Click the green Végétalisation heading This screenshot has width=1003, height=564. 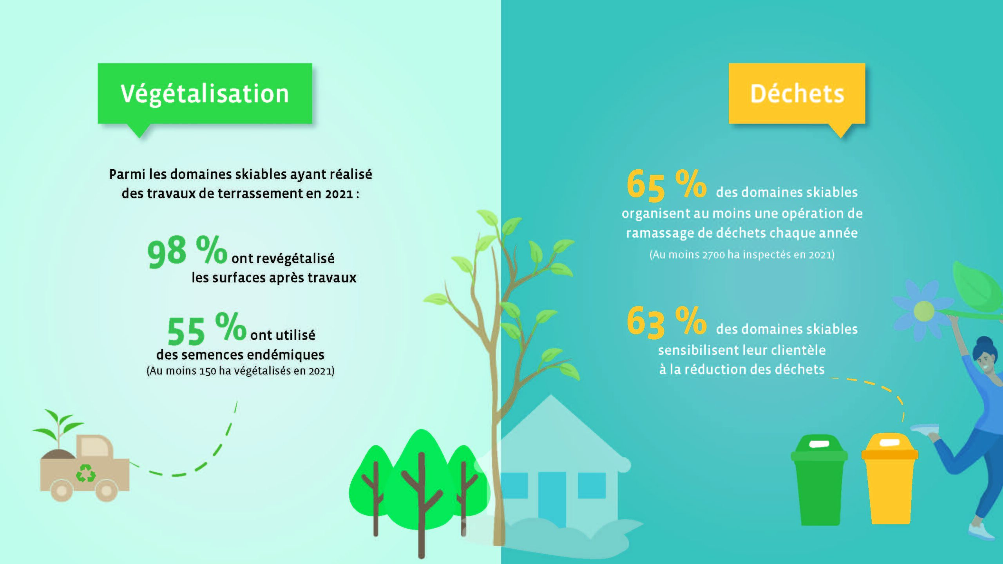pos(205,94)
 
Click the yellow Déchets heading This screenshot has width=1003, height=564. pos(797,94)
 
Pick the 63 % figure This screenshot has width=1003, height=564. pos(666,322)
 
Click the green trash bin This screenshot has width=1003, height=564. pos(819,480)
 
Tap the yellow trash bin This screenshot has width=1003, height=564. pos(889,478)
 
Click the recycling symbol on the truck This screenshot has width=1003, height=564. pos(86,473)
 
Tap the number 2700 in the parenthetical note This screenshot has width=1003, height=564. pos(713,255)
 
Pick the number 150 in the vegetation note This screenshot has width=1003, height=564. pos(208,371)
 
